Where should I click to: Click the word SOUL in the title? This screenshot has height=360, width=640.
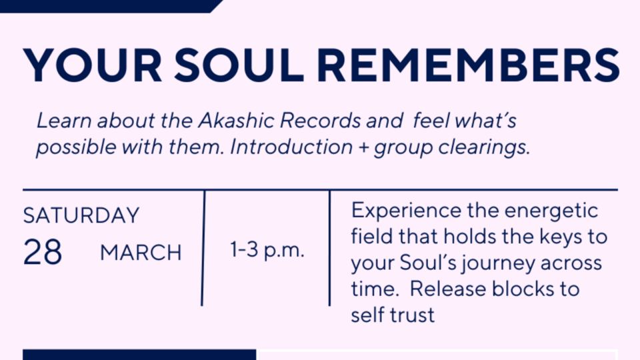(239, 65)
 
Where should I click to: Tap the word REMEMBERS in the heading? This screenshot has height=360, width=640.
(468, 65)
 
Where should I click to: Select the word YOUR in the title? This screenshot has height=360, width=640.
(93, 65)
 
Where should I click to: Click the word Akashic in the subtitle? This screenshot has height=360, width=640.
(236, 121)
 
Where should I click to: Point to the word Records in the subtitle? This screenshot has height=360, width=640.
(321, 121)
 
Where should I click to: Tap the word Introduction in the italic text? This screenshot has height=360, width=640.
(291, 147)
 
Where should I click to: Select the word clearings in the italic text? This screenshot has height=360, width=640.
(484, 147)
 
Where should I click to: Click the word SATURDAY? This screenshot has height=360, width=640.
(81, 215)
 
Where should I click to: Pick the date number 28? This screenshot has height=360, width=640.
(43, 252)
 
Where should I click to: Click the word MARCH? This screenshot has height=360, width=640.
(141, 253)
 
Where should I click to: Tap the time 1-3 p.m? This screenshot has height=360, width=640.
(267, 249)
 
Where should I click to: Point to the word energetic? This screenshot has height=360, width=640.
(551, 211)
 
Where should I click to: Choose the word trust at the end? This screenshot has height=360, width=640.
(412, 315)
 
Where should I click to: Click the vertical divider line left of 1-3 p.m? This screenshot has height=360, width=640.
(203, 248)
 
